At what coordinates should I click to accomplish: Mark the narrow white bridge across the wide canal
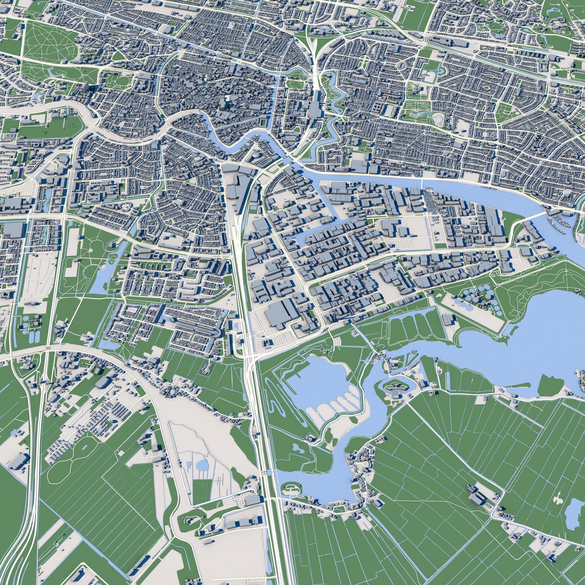pyautogui.click(x=422, y=183)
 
